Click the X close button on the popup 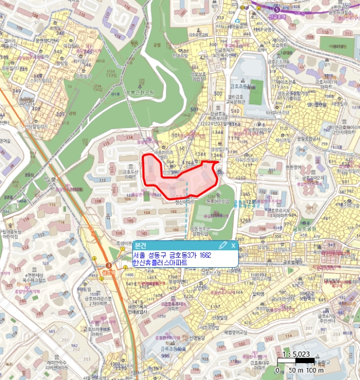(x=233, y=245)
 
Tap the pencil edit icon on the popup (x=223, y=245)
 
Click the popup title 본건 (x=141, y=245)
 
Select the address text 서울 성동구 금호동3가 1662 (x=172, y=255)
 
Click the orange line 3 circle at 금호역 (x=109, y=264)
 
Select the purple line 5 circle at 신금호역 (x=277, y=9)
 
